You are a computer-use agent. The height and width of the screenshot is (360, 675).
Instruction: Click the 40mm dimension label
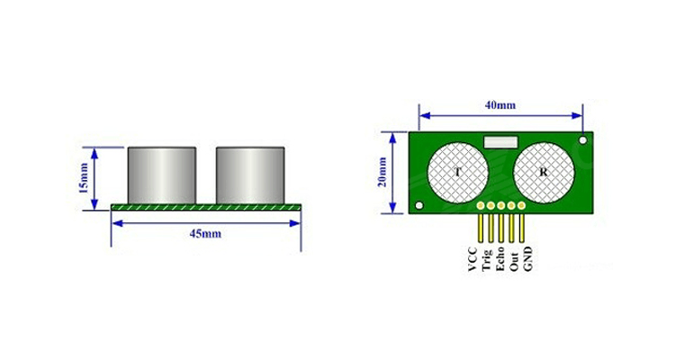[500, 104]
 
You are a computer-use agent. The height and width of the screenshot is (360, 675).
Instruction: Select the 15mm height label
[84, 178]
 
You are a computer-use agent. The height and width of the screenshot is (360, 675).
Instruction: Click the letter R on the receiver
[543, 171]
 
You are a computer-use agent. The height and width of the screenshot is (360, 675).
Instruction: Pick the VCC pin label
[472, 259]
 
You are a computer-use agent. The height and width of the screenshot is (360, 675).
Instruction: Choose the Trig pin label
[486, 259]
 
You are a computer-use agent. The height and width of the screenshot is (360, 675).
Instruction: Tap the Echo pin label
[499, 259]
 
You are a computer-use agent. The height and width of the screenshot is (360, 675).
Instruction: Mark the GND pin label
[528, 259]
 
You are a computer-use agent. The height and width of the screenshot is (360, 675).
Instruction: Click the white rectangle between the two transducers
[499, 140]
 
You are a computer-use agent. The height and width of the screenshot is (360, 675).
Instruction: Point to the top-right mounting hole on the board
[583, 140]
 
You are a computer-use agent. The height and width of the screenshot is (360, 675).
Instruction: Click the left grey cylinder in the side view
[162, 174]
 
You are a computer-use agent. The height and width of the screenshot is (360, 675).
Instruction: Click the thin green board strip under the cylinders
[206, 208]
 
